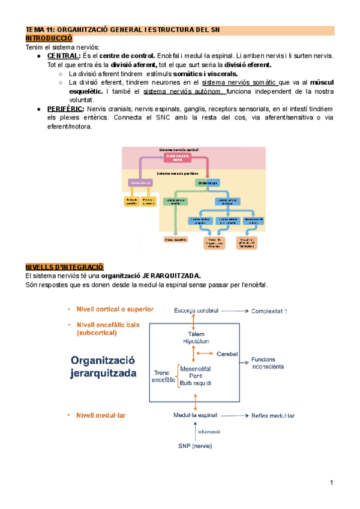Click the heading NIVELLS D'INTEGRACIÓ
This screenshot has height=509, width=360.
tap(64, 267)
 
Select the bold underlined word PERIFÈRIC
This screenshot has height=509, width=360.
tap(65, 109)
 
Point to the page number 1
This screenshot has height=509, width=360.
tap(331, 483)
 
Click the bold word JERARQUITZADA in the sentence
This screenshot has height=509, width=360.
tap(171, 276)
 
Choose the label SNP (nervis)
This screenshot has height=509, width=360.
tap(195, 446)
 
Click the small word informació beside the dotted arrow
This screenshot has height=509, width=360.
tap(209, 431)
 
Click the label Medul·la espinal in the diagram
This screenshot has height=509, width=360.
tap(194, 415)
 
